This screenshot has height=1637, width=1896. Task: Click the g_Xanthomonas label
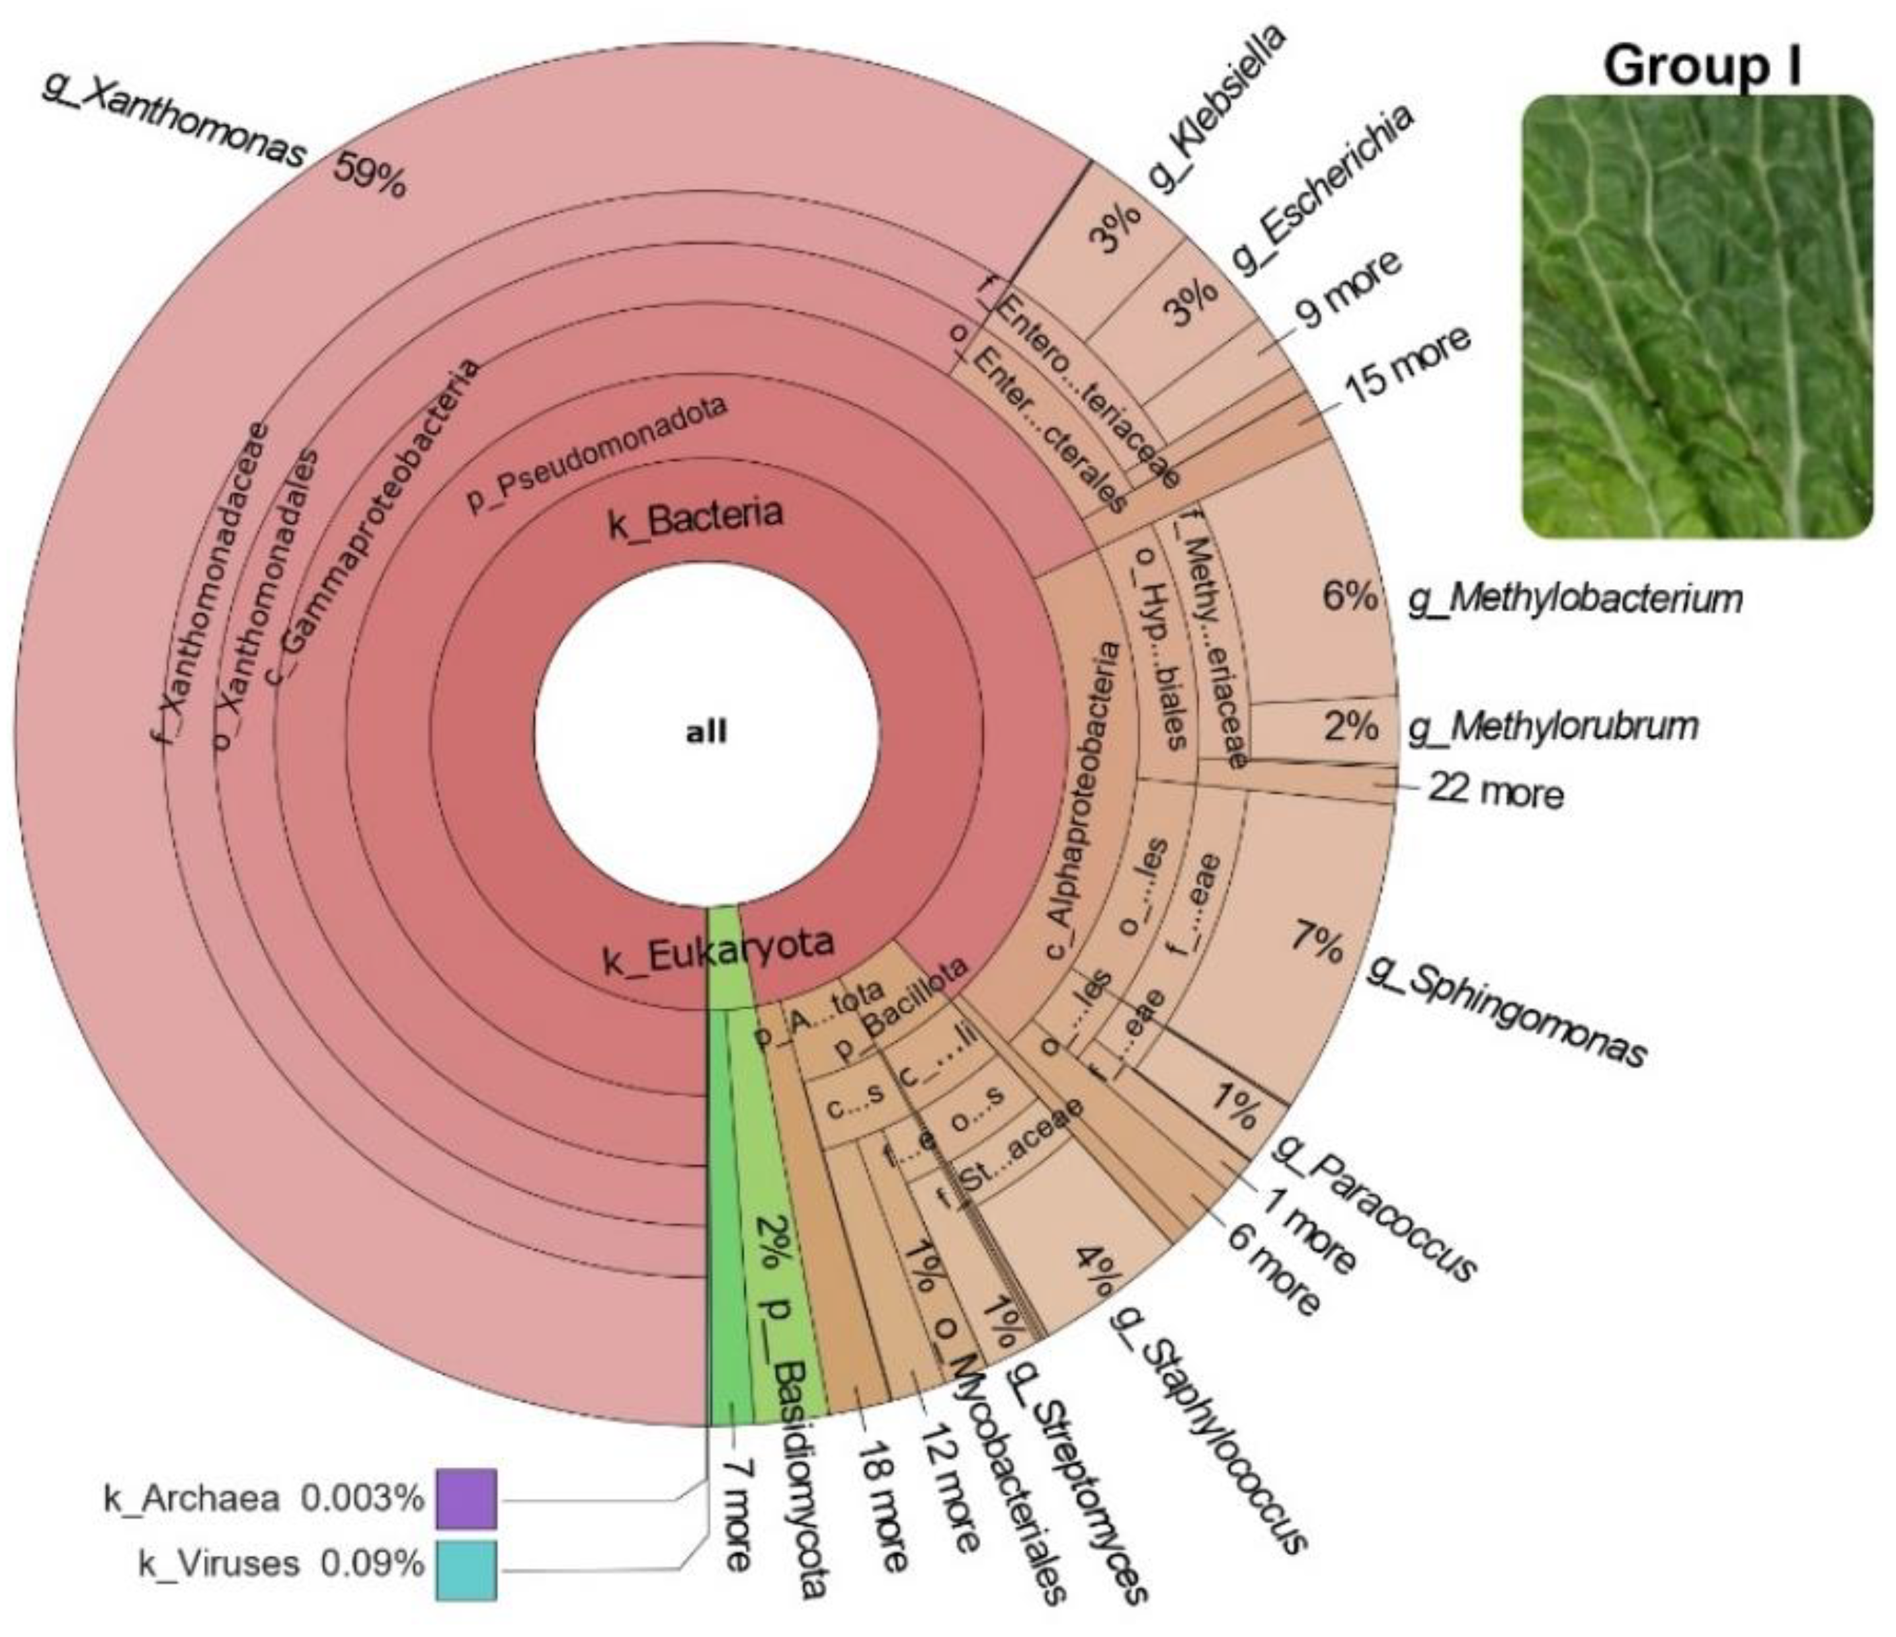(174, 122)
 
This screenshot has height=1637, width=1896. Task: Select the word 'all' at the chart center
(706, 732)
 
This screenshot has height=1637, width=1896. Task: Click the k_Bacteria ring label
(696, 519)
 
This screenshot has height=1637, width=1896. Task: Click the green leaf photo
(1696, 315)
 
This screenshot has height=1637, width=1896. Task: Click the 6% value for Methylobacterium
(1349, 596)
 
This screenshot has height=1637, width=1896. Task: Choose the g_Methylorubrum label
(1553, 727)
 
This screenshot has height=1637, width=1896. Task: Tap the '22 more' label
(1495, 791)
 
